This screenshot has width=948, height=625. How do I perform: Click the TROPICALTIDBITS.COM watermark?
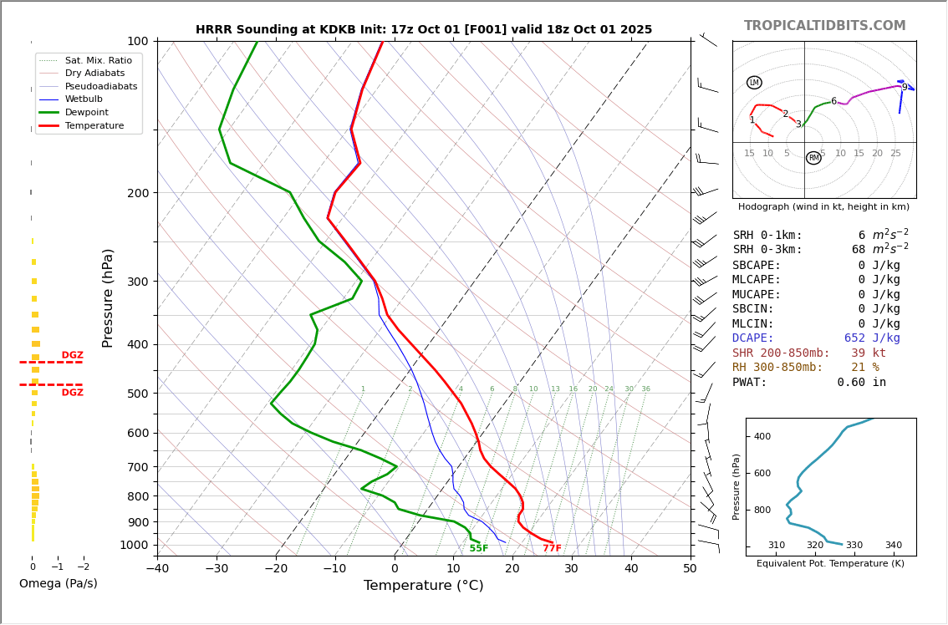pos(824,26)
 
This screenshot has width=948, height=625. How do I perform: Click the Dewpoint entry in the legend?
pos(86,112)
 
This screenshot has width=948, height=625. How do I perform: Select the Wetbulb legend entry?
pos(83,99)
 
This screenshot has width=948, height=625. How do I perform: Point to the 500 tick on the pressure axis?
pos(137,394)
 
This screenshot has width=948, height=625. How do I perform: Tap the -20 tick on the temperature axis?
pos(276,569)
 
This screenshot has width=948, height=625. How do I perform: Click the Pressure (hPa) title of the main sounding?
pos(108,297)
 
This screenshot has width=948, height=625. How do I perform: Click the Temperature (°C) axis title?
pos(423,586)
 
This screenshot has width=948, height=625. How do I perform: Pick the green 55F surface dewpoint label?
pos(478,549)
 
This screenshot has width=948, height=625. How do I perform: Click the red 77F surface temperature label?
pos(552,549)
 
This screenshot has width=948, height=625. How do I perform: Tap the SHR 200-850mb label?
pos(781,353)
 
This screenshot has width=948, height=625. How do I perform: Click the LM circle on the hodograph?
pos(754,83)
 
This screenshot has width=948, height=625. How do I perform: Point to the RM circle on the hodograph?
pos(813,158)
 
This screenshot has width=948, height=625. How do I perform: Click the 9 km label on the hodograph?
pos(904,88)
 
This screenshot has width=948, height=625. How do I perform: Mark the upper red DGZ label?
pos(72,356)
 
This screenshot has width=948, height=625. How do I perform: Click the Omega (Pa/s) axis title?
pos(58,584)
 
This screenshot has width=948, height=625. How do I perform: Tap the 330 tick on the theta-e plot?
pos(854,546)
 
